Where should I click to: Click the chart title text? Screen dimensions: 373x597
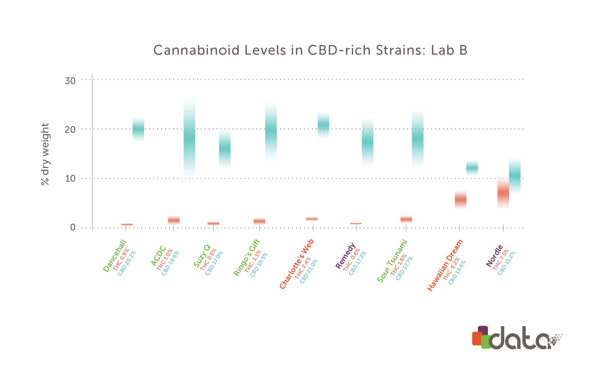click(310, 50)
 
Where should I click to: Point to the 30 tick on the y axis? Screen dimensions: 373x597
click(70, 81)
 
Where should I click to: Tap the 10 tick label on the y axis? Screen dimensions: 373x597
click(70, 179)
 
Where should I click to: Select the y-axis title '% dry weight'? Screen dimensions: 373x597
click(45, 154)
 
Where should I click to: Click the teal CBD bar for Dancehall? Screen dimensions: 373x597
click(138, 129)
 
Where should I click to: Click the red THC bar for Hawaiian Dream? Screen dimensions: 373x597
click(460, 200)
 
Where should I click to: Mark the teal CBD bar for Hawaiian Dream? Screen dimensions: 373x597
click(472, 168)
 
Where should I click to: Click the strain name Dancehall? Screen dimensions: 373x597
click(115, 256)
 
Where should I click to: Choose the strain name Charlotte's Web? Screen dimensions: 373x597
click(297, 264)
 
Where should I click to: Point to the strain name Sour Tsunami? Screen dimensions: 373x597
click(392, 261)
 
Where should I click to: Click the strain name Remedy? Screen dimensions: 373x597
click(345, 256)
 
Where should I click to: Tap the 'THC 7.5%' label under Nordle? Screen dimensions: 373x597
click(501, 259)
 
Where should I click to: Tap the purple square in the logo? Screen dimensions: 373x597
click(483, 330)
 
